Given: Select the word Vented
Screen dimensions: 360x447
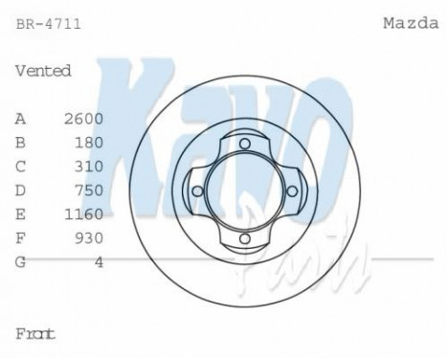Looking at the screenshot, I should (44, 71).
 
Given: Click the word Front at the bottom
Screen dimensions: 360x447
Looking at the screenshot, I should (35, 334).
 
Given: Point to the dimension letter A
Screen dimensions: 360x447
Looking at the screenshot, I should (20, 118).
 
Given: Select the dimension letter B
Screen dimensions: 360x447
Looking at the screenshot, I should (20, 142).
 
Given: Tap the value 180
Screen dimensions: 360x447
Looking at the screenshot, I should (87, 142).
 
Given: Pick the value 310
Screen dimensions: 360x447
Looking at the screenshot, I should (87, 165).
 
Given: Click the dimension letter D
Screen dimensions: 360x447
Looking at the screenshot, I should (20, 189).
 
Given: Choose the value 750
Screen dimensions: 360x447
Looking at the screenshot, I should (87, 189).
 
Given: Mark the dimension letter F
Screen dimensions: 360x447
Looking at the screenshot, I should (20, 236).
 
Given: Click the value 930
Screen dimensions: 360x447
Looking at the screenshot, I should (87, 236).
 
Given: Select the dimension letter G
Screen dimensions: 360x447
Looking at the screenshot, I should (20, 259).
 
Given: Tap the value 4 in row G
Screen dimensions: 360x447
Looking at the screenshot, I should (99, 259).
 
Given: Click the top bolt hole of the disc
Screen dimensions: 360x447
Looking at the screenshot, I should (244, 144).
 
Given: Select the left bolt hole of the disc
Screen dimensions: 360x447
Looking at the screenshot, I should (198, 191).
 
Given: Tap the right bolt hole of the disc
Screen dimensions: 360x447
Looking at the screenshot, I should (291, 191).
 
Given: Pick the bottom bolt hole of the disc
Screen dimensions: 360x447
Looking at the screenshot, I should (244, 236).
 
